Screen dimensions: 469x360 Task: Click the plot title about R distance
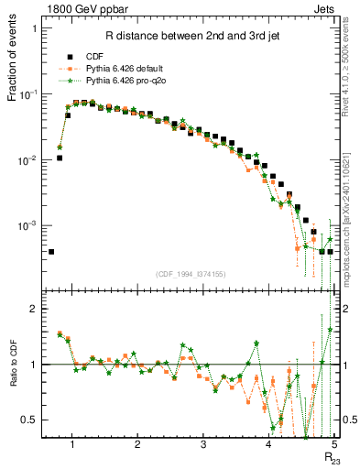(178, 37)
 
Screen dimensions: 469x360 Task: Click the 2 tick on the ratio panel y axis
(34, 310)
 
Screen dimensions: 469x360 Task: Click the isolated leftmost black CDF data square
(51, 251)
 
